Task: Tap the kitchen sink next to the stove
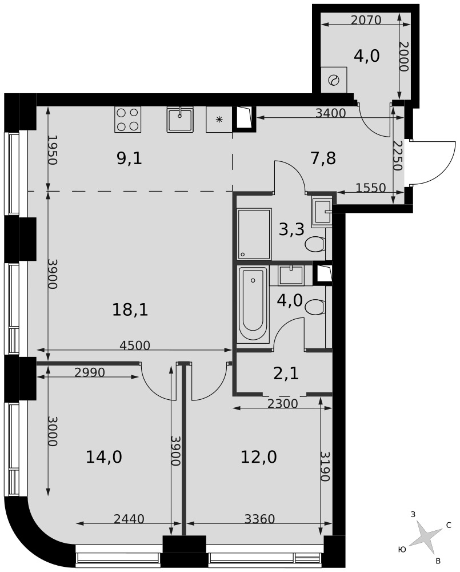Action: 180,120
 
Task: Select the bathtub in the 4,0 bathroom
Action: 253,304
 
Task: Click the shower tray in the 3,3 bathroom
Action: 254,234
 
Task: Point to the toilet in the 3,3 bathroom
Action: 315,244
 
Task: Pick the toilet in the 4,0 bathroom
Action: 315,307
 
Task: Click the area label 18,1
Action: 130,310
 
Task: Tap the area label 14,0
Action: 103,456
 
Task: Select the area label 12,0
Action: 259,456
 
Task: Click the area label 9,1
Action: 129,158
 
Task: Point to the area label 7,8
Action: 323,158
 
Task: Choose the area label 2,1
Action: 286,374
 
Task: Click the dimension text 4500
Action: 135,345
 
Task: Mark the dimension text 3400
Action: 330,113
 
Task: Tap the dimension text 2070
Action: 366,19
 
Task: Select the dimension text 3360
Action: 259,518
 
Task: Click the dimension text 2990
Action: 89,372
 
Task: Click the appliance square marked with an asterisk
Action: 219,120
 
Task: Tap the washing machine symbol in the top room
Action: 334,80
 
